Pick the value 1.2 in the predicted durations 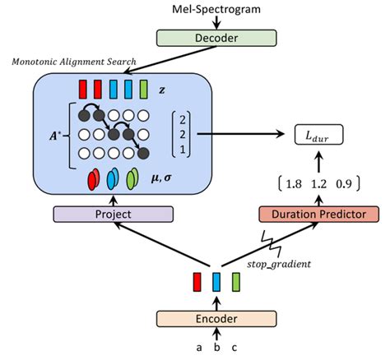318,180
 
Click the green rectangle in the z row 144,88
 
